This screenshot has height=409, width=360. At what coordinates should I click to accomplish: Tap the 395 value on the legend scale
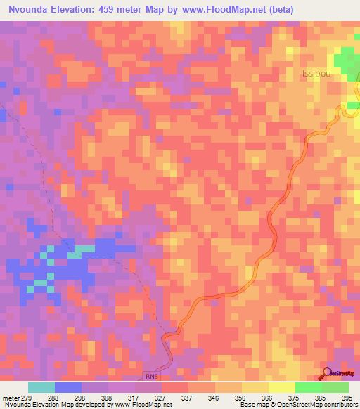click(x=348, y=397)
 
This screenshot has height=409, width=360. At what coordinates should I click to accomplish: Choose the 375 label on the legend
click(x=295, y=397)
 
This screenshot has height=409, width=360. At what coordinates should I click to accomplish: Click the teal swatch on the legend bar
click(x=41, y=387)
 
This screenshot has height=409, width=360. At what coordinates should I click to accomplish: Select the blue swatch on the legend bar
click(x=68, y=387)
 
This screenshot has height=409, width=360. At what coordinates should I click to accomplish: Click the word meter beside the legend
click(x=9, y=397)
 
